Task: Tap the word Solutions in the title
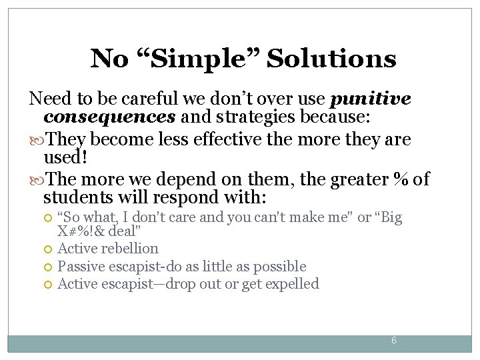[x=331, y=59]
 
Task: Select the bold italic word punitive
[x=371, y=99]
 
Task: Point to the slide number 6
[x=393, y=340]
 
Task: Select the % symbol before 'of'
[x=401, y=180]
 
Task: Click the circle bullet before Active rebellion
[x=47, y=249]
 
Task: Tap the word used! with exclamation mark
[x=64, y=158]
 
